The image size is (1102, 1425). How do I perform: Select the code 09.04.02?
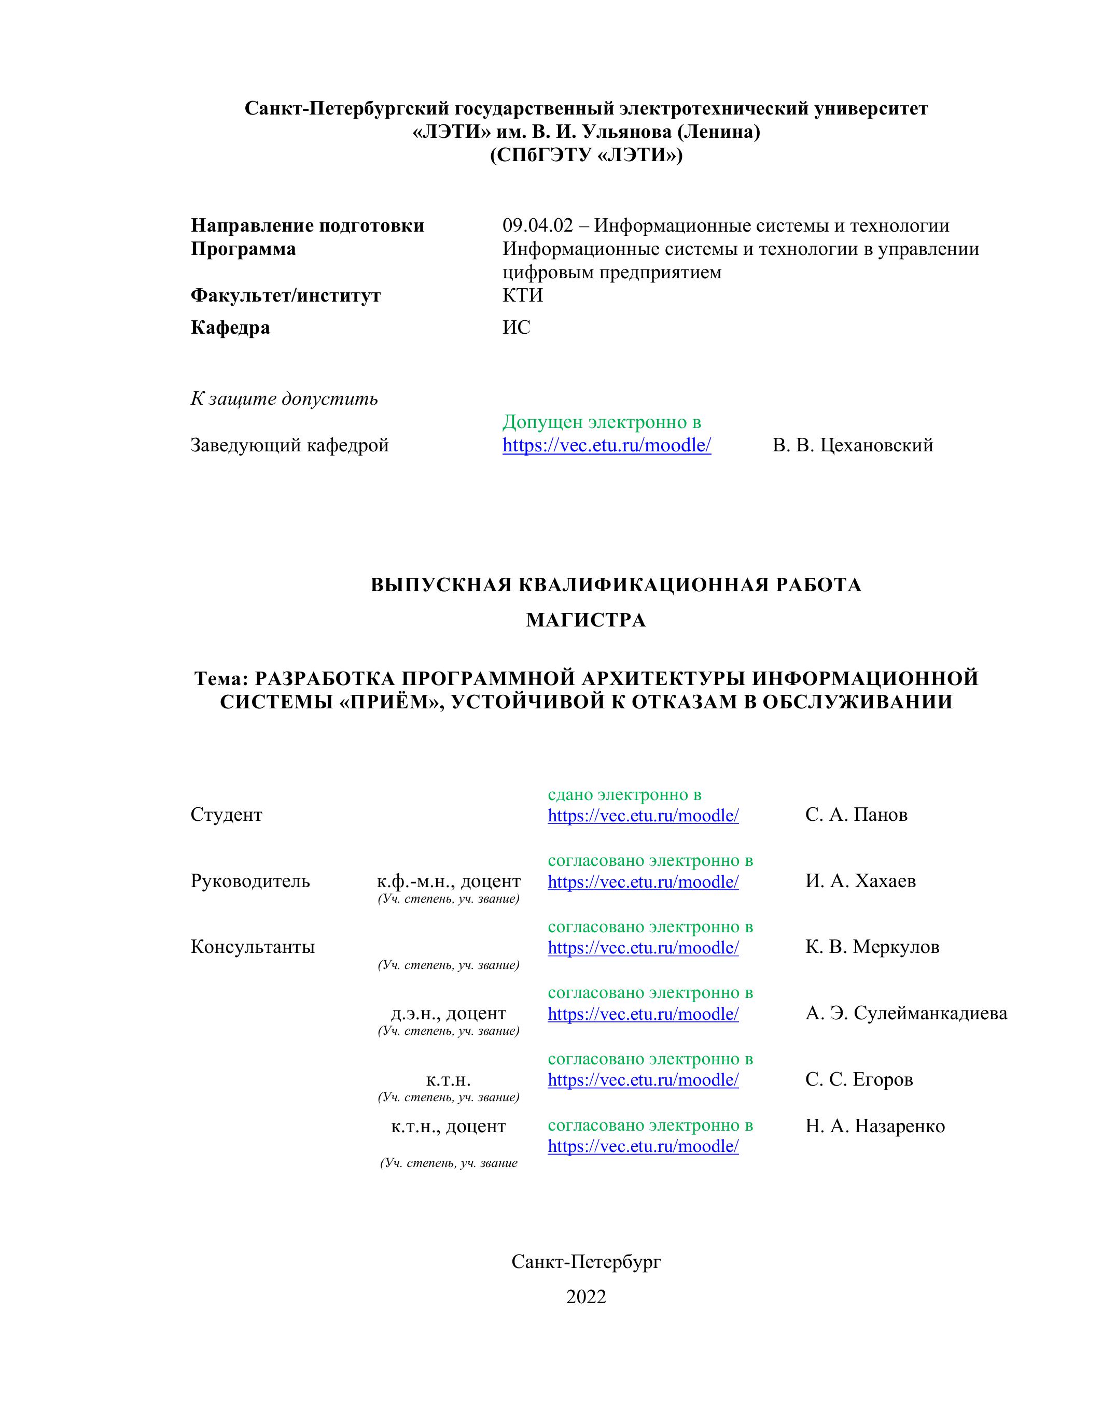(x=537, y=226)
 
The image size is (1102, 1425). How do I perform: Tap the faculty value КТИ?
(x=522, y=295)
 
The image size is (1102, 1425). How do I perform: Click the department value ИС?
(x=517, y=327)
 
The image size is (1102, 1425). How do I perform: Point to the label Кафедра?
(x=230, y=327)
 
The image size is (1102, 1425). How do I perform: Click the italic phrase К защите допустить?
(x=284, y=398)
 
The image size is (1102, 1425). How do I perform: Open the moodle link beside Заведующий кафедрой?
(x=607, y=445)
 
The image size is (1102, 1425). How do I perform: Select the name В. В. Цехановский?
(x=853, y=445)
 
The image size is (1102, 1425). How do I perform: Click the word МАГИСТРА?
(x=585, y=620)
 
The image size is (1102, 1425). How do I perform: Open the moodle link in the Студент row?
(x=643, y=816)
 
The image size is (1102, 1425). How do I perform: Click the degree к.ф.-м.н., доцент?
(x=449, y=881)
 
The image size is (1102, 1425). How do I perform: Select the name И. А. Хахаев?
(x=860, y=881)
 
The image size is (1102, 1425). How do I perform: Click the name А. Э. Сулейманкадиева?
(x=906, y=1013)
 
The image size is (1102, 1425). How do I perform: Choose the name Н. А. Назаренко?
(x=875, y=1125)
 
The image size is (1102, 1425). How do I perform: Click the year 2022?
(x=585, y=1296)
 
